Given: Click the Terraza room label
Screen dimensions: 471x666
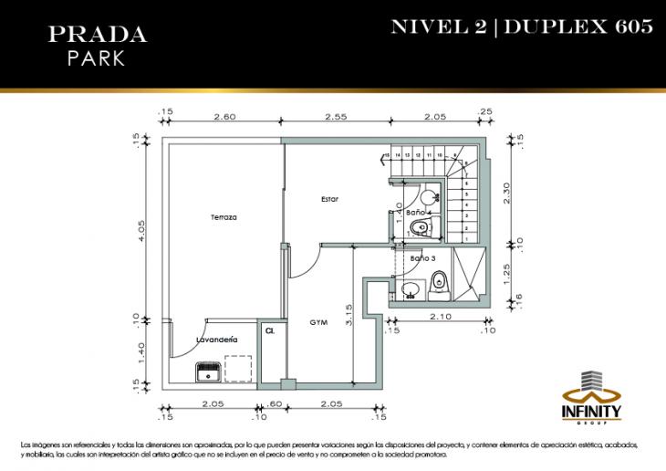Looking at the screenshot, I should pyautogui.click(x=224, y=217).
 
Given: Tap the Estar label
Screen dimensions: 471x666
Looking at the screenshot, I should pyautogui.click(x=329, y=199).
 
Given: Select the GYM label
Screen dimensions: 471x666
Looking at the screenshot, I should pyautogui.click(x=318, y=323).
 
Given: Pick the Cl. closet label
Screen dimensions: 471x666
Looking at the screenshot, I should pyautogui.click(x=270, y=331).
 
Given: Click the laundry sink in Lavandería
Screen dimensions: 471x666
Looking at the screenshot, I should pyautogui.click(x=208, y=372).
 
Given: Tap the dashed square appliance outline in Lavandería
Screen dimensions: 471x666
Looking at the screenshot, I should pyautogui.click(x=237, y=368).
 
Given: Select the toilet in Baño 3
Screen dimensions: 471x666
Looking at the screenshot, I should pyautogui.click(x=439, y=285).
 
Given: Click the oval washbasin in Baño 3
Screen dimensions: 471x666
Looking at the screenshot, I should pyautogui.click(x=411, y=290).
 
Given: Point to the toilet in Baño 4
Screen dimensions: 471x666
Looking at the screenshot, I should pyautogui.click(x=422, y=227).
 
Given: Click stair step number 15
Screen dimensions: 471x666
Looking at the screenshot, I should pyautogui.click(x=387, y=156).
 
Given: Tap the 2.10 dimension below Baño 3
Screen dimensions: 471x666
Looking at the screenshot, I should pyautogui.click(x=442, y=318).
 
